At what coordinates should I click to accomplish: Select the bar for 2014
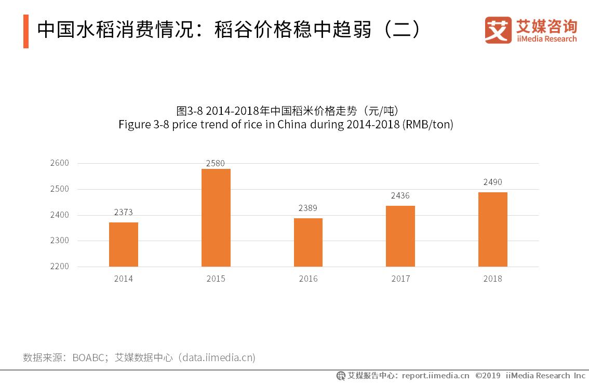[124, 244]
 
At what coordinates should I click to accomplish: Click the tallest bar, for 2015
[216, 218]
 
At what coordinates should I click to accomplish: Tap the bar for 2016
[308, 242]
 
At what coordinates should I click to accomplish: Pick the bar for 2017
[400, 236]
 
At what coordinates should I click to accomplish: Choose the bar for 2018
[492, 229]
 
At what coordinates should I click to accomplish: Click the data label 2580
[216, 163]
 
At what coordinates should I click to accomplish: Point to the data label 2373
[124, 212]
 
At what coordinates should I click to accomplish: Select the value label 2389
[308, 208]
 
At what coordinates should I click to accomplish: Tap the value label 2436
[400, 195]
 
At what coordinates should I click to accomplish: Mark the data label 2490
[492, 182]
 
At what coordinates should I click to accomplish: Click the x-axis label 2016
[308, 279]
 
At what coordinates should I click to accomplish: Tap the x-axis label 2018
[492, 279]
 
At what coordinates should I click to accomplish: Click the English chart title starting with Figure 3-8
[286, 125]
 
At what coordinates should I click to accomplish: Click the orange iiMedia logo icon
[498, 30]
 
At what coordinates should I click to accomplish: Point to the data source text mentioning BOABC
[139, 358]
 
